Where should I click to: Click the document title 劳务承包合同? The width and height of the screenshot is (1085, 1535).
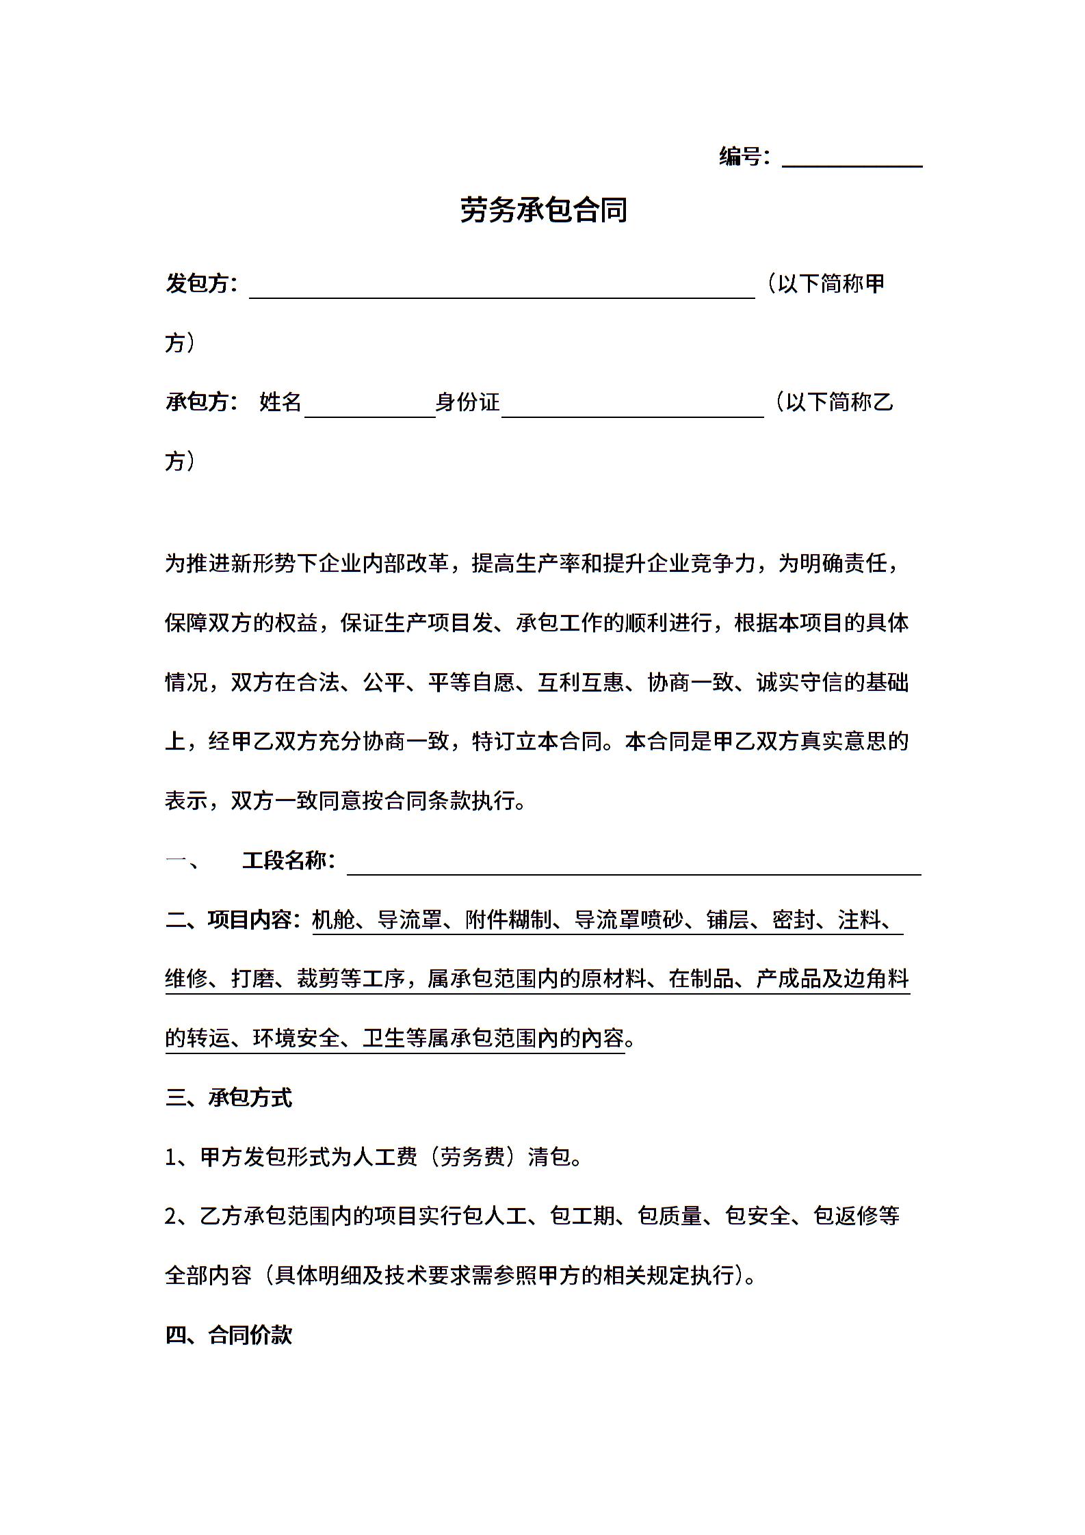point(543,210)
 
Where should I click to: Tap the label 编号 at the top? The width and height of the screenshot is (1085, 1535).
point(740,157)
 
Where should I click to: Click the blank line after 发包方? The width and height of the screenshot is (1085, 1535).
point(501,291)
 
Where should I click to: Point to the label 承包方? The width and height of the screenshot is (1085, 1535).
point(197,402)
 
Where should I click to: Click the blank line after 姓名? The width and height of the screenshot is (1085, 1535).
point(369,409)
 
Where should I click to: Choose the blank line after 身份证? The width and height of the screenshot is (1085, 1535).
point(632,409)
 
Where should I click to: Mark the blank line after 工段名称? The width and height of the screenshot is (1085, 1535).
point(633,867)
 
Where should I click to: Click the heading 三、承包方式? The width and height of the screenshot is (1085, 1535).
point(228,1098)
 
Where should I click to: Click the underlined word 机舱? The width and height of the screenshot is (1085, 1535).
point(334,920)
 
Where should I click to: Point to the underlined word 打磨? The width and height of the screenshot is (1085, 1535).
point(252,979)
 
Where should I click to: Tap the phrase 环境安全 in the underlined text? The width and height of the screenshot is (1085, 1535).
point(296,1038)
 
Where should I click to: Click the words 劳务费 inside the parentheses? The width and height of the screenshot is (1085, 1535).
point(472,1157)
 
